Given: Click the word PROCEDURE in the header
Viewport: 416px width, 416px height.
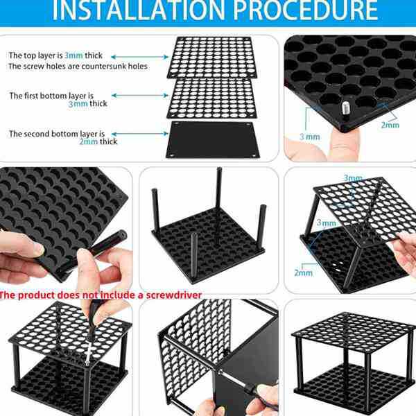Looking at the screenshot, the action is (x=305, y=10).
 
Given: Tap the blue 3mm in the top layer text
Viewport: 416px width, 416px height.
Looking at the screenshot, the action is (x=73, y=55).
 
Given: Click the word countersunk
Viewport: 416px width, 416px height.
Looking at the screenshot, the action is (x=106, y=66).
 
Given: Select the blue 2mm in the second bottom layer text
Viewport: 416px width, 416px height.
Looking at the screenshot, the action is (x=89, y=141).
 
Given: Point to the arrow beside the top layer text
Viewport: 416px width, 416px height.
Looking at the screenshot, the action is (x=139, y=57).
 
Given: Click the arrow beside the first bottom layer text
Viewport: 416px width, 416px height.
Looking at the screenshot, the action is (x=140, y=95).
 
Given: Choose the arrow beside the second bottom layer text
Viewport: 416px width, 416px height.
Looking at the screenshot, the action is (x=140, y=134).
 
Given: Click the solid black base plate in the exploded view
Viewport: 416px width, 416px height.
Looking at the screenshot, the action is (x=213, y=140).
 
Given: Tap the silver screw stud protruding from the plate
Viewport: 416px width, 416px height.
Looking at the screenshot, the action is (x=345, y=107).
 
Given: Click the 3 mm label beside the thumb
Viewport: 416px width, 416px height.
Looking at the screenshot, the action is (x=310, y=137).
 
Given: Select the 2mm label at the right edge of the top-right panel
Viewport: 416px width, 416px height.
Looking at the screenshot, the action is (x=390, y=125).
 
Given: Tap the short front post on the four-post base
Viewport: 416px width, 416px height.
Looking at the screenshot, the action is (x=194, y=256).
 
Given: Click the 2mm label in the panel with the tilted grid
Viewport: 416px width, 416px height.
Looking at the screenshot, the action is (x=303, y=272).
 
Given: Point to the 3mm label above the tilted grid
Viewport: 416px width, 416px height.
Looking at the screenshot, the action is (x=353, y=177).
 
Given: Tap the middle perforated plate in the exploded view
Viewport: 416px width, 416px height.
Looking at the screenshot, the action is (x=212, y=98).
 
